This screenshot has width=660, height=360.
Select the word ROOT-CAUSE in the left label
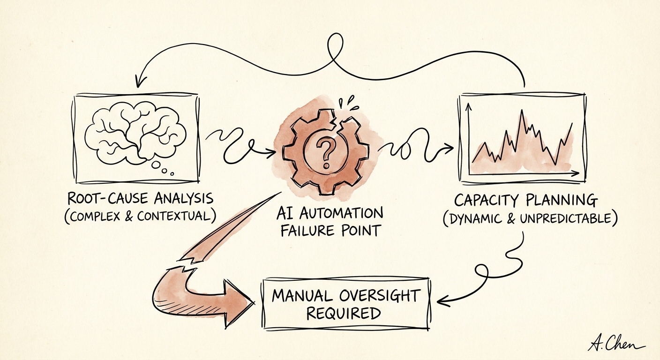click(x=107, y=199)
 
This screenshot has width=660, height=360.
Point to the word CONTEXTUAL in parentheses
click(x=174, y=217)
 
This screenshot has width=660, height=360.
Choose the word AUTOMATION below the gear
click(x=341, y=213)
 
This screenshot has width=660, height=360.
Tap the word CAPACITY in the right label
click(x=486, y=201)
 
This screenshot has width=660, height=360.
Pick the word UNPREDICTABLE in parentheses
click(x=566, y=218)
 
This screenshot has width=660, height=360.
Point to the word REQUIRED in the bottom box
click(x=344, y=314)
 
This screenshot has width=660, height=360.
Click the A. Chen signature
click(x=616, y=344)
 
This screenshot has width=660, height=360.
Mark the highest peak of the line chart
click(x=522, y=110)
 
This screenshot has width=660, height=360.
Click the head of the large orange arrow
click(x=239, y=303)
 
